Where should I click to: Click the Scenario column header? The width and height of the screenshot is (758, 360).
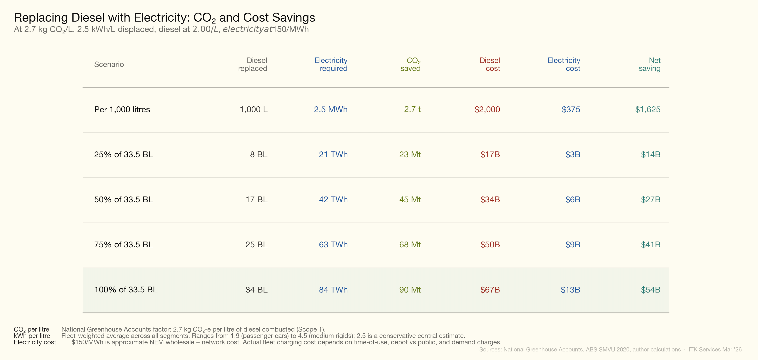[109, 64]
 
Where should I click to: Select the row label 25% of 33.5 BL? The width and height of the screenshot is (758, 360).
[123, 154]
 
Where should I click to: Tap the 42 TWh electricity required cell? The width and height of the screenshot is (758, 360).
[333, 199]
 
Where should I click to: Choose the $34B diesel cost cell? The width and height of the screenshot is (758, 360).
[490, 199]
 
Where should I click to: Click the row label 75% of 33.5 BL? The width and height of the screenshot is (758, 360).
[123, 244]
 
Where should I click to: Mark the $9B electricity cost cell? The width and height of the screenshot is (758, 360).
[572, 244]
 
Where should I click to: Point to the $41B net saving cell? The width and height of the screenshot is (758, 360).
[650, 244]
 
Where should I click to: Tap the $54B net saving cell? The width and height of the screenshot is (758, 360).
[650, 290]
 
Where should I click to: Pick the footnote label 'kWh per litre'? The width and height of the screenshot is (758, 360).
[32, 336]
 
